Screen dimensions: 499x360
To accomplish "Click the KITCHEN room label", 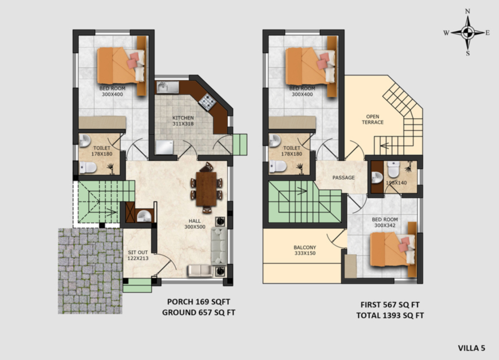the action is click(183, 118).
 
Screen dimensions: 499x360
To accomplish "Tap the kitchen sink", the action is click(168, 87).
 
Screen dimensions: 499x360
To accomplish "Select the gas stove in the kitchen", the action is click(208, 102).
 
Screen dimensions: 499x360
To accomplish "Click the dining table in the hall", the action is click(206, 189).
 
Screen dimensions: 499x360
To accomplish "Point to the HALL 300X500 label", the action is click(195, 224).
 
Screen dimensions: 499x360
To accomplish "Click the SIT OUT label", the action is click(138, 252).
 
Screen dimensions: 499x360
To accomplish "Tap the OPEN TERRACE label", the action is click(373, 119).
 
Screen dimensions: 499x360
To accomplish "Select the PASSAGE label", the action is click(343, 178).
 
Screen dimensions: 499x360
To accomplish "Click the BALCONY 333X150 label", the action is click(305, 250).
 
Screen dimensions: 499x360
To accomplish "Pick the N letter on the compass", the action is click(467, 11).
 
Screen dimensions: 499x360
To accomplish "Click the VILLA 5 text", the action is click(472, 348).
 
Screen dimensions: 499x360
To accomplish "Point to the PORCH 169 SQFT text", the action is click(199, 302).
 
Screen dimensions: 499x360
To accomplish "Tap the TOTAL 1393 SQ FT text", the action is click(390, 315).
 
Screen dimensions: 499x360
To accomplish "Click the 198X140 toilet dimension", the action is click(396, 183).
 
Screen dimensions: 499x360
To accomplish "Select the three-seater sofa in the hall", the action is click(219, 246).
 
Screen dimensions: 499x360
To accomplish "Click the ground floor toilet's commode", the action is click(88, 168).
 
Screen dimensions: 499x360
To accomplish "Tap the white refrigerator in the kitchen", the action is click(164, 148).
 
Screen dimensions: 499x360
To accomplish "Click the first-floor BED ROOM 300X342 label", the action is click(385, 222).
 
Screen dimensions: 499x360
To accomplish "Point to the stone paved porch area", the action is click(90, 271).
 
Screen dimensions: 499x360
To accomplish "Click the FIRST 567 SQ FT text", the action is click(390, 305).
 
